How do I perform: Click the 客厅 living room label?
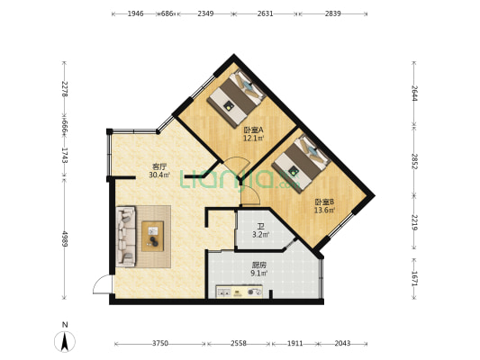[x=159, y=166]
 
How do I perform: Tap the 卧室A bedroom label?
[x=253, y=130]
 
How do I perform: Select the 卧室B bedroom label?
[x=324, y=202]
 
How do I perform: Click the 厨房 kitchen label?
[x=259, y=265]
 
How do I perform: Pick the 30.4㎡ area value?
[x=159, y=175]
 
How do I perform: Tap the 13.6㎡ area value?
[x=324, y=210]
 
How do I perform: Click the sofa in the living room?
[x=126, y=236]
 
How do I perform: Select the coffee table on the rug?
[x=152, y=237]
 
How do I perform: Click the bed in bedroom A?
[x=236, y=97]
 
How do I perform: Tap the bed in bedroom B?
[x=301, y=164]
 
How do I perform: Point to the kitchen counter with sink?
[x=240, y=292]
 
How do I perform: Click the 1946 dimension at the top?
[x=135, y=13]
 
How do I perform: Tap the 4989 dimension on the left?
[x=65, y=238]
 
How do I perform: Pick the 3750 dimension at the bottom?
[x=160, y=344]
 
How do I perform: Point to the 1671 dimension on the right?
[x=414, y=278]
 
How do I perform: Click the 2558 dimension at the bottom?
[x=239, y=344]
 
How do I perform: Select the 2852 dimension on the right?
[x=414, y=161]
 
